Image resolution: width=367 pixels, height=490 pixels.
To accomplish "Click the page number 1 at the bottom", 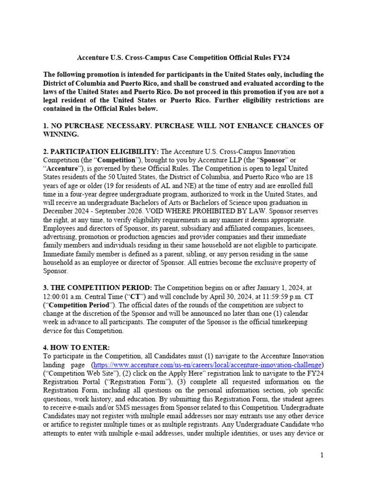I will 323,455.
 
